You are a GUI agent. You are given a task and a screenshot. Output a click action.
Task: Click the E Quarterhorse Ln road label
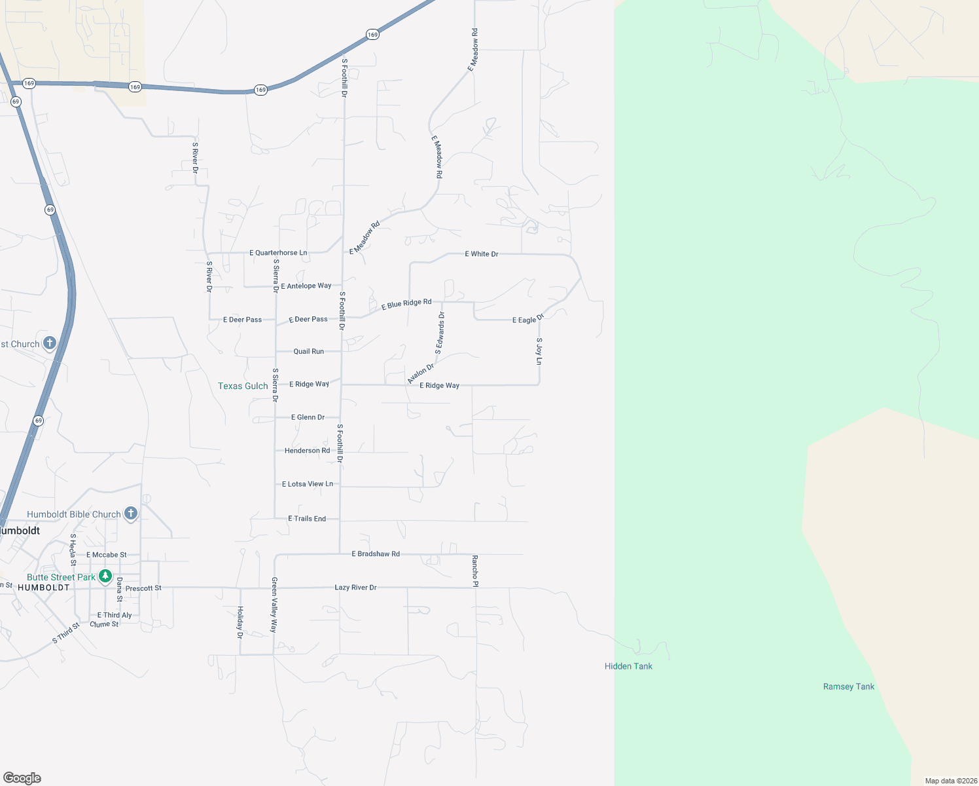[278, 253]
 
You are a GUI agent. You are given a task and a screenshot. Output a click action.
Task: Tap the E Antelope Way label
[306, 286]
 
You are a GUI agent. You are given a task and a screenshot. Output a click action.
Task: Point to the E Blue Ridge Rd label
[406, 303]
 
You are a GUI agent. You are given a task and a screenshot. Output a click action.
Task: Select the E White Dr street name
[482, 253]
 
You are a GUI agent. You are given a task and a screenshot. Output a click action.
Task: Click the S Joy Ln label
[539, 351]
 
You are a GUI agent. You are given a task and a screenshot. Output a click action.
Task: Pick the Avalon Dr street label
[420, 374]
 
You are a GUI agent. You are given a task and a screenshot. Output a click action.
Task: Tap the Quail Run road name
[309, 351]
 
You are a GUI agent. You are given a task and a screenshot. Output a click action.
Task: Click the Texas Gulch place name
[243, 386]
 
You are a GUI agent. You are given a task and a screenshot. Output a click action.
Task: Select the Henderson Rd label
[307, 451]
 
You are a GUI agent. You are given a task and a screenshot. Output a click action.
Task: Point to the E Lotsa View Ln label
[308, 484]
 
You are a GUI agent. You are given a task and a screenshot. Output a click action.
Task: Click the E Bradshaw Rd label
[376, 553]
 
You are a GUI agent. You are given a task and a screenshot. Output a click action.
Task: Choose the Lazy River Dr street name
[355, 588]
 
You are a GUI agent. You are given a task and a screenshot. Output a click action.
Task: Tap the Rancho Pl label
[475, 571]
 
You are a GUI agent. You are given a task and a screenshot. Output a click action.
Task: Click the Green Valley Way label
[274, 605]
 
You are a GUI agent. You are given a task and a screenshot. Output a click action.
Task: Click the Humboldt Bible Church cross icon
[131, 514]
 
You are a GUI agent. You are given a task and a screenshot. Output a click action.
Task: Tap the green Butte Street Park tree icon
[105, 576]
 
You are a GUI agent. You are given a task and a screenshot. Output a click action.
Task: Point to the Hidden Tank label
[628, 666]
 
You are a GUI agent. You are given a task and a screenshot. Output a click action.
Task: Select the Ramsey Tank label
[849, 686]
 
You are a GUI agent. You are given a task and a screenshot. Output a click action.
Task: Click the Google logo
[22, 778]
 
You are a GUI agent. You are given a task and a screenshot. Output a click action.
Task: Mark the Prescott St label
[143, 588]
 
